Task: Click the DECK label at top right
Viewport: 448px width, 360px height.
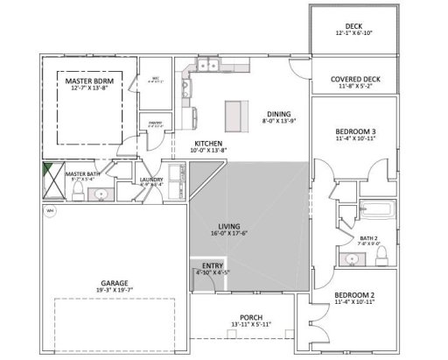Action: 353,26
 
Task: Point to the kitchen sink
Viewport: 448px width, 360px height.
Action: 186,88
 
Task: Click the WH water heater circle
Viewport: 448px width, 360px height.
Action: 50,211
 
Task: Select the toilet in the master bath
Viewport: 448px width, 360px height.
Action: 78,191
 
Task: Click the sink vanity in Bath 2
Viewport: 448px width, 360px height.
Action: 353,258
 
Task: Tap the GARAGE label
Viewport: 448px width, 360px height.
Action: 115,283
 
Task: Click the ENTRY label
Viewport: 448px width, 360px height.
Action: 212,265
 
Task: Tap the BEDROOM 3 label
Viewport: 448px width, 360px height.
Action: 353,129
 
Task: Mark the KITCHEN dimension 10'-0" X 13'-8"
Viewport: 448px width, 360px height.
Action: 208,150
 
